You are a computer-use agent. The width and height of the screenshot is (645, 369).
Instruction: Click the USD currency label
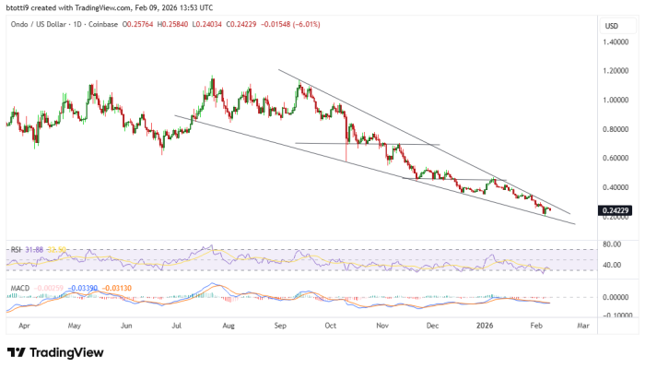pos(611,26)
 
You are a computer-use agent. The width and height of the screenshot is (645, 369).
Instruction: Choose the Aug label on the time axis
pos(229,325)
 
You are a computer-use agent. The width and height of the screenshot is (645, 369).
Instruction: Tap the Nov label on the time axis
pos(381,325)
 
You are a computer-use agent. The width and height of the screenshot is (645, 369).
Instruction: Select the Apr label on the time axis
pos(24,325)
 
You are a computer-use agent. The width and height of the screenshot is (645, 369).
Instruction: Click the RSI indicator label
pos(15,249)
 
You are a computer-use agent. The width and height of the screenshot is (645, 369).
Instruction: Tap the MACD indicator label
pos(18,287)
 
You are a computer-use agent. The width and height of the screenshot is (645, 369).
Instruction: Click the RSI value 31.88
pos(35,249)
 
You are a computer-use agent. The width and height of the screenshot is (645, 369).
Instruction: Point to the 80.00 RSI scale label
pos(614,244)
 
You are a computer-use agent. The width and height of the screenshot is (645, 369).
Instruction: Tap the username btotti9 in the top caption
pos(20,7)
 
